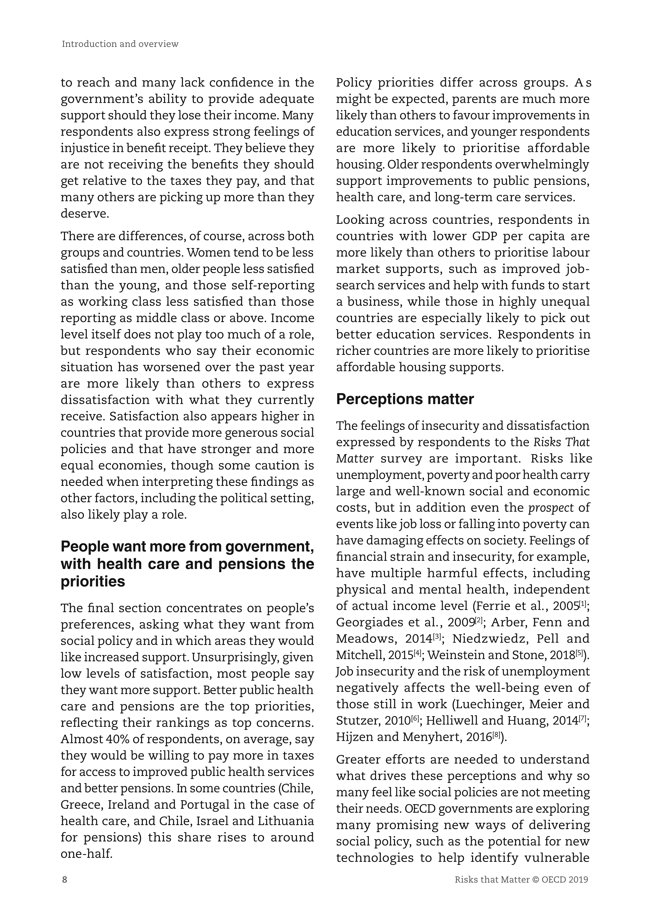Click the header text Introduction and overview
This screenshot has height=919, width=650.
click(x=120, y=44)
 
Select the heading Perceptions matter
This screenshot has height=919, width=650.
click(x=405, y=399)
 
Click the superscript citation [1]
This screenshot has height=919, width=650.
click(x=583, y=603)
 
